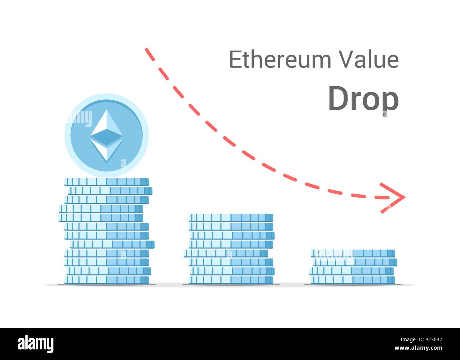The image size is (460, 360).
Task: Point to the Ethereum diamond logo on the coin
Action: coord(107,136)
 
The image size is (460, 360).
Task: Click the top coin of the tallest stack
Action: coord(107,182)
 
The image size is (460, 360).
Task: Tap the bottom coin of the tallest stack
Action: coord(107,280)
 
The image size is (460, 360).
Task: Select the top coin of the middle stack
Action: coord(231,217)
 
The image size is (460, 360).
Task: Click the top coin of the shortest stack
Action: coord(353,253)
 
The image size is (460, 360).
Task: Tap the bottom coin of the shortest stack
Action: coord(353,280)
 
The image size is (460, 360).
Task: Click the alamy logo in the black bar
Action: coord(36,344)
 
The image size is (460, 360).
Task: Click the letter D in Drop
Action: coord(338,99)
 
